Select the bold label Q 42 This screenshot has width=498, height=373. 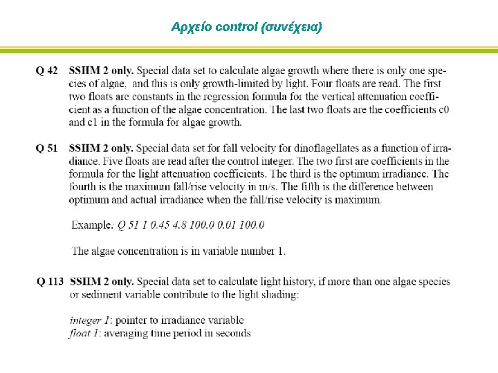pyautogui.click(x=47, y=70)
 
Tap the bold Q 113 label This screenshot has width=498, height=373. pyautogui.click(x=50, y=282)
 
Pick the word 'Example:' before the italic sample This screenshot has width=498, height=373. pyautogui.click(x=92, y=225)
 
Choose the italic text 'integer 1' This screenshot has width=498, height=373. pyautogui.click(x=90, y=321)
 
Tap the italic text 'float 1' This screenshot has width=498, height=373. pyautogui.click(x=84, y=333)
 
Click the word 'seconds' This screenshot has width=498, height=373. pyautogui.click(x=234, y=333)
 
